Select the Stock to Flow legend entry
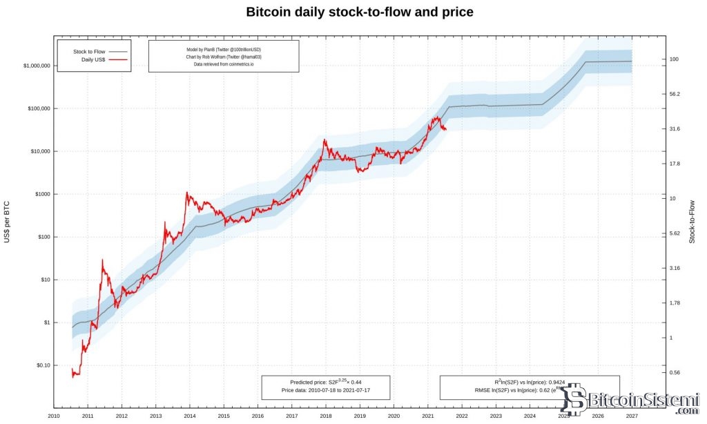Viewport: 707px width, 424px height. click(x=89, y=51)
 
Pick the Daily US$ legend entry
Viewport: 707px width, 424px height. click(x=93, y=60)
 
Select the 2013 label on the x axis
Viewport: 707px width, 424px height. click(x=155, y=416)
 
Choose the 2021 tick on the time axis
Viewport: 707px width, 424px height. click(x=427, y=416)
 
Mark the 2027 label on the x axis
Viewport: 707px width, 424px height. click(x=632, y=416)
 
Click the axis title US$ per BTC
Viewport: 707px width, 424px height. click(x=7, y=220)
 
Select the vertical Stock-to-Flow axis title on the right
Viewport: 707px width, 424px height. click(x=692, y=221)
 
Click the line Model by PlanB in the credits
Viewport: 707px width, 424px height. click(x=224, y=50)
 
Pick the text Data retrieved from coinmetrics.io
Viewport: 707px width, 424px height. click(x=224, y=64)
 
